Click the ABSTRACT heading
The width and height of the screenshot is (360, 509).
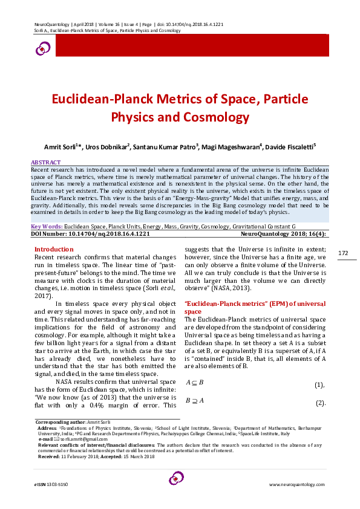pyautogui.click(x=46, y=163)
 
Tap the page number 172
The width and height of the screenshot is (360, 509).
pyautogui.click(x=343, y=253)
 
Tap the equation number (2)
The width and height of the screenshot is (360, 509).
pyautogui.click(x=320, y=403)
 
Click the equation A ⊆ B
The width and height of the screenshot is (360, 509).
pyautogui.click(x=194, y=383)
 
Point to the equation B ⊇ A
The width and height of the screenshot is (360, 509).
pyautogui.click(x=194, y=401)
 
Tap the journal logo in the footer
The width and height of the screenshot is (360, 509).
pyautogui.click(x=176, y=479)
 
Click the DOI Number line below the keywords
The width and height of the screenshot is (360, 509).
pyautogui.click(x=90, y=232)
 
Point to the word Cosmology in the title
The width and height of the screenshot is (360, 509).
pyautogui.click(x=198, y=117)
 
